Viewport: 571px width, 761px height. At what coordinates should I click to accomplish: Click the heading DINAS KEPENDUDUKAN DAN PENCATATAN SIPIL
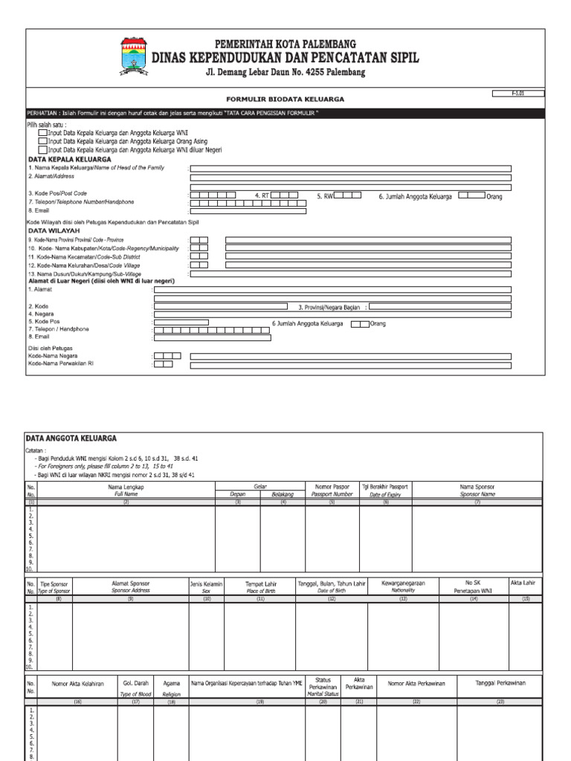coord(285,58)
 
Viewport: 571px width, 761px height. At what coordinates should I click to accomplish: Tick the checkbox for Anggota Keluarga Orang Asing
coord(42,140)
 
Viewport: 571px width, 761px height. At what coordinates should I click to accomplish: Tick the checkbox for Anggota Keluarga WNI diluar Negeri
coord(42,149)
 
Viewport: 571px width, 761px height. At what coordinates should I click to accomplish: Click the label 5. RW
coord(325,196)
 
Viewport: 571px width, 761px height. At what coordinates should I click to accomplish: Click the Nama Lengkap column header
coord(126,490)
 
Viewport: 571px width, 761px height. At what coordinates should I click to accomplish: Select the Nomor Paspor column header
coord(331,490)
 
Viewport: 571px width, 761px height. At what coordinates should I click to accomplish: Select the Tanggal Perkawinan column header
coord(500,683)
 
